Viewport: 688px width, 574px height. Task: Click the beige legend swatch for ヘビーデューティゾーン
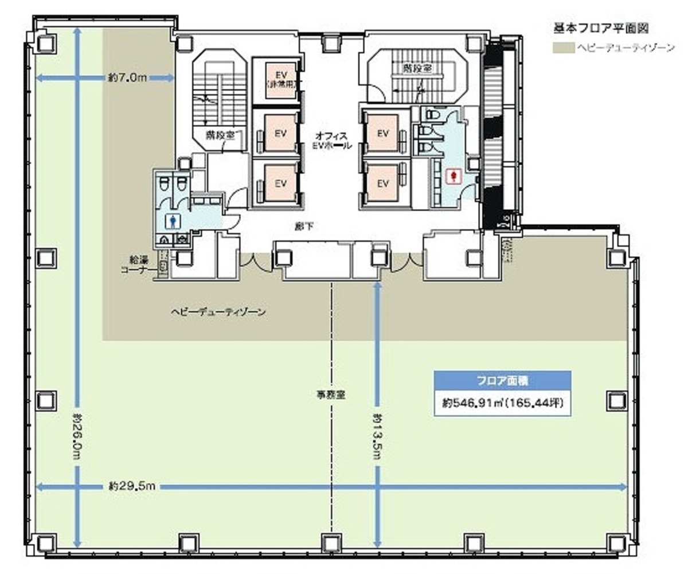[563, 47]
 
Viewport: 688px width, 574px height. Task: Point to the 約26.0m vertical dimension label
[77, 434]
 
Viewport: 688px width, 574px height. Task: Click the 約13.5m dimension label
[377, 436]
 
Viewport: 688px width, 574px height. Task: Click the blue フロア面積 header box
[502, 380]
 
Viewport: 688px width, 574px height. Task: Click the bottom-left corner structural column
[45, 542]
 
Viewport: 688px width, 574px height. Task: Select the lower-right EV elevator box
[383, 183]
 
